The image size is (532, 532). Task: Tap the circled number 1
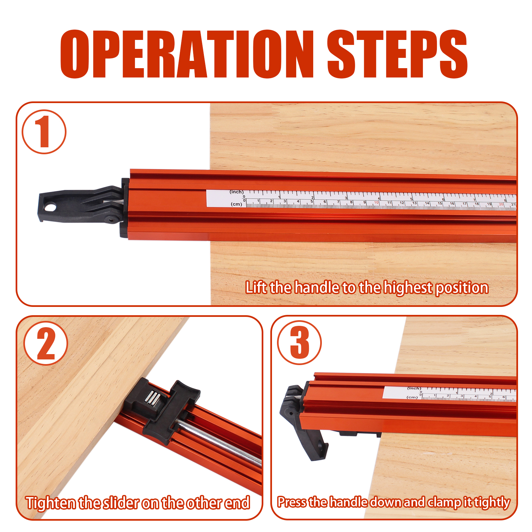pos(44,132)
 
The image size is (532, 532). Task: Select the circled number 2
pos(46,343)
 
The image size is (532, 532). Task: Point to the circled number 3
pos(299,342)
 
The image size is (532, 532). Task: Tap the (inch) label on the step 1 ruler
pos(236,192)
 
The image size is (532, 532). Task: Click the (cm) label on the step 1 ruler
pos(236,204)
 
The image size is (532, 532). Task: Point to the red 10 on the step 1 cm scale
pos(376,202)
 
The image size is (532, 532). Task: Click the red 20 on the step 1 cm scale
pos(501,204)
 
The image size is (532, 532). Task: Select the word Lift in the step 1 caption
pos(256,288)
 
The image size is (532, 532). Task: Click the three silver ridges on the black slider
pos(153,398)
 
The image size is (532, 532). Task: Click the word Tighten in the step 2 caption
pos(51,503)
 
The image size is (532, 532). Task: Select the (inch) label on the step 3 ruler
pos(414,388)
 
